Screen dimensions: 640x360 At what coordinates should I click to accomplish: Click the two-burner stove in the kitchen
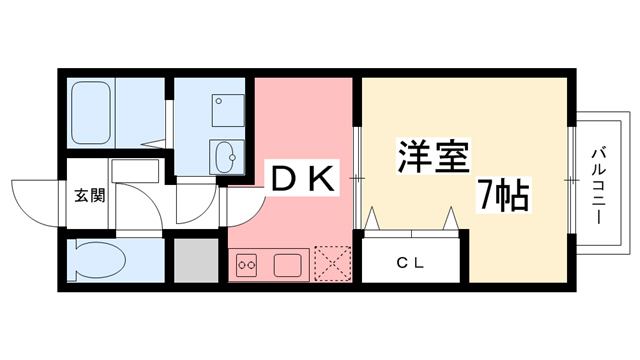pos(247,266)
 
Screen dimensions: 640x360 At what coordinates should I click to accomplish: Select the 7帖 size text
pos(503,194)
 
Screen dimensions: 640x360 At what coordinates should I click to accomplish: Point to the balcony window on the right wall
pos(572,180)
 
